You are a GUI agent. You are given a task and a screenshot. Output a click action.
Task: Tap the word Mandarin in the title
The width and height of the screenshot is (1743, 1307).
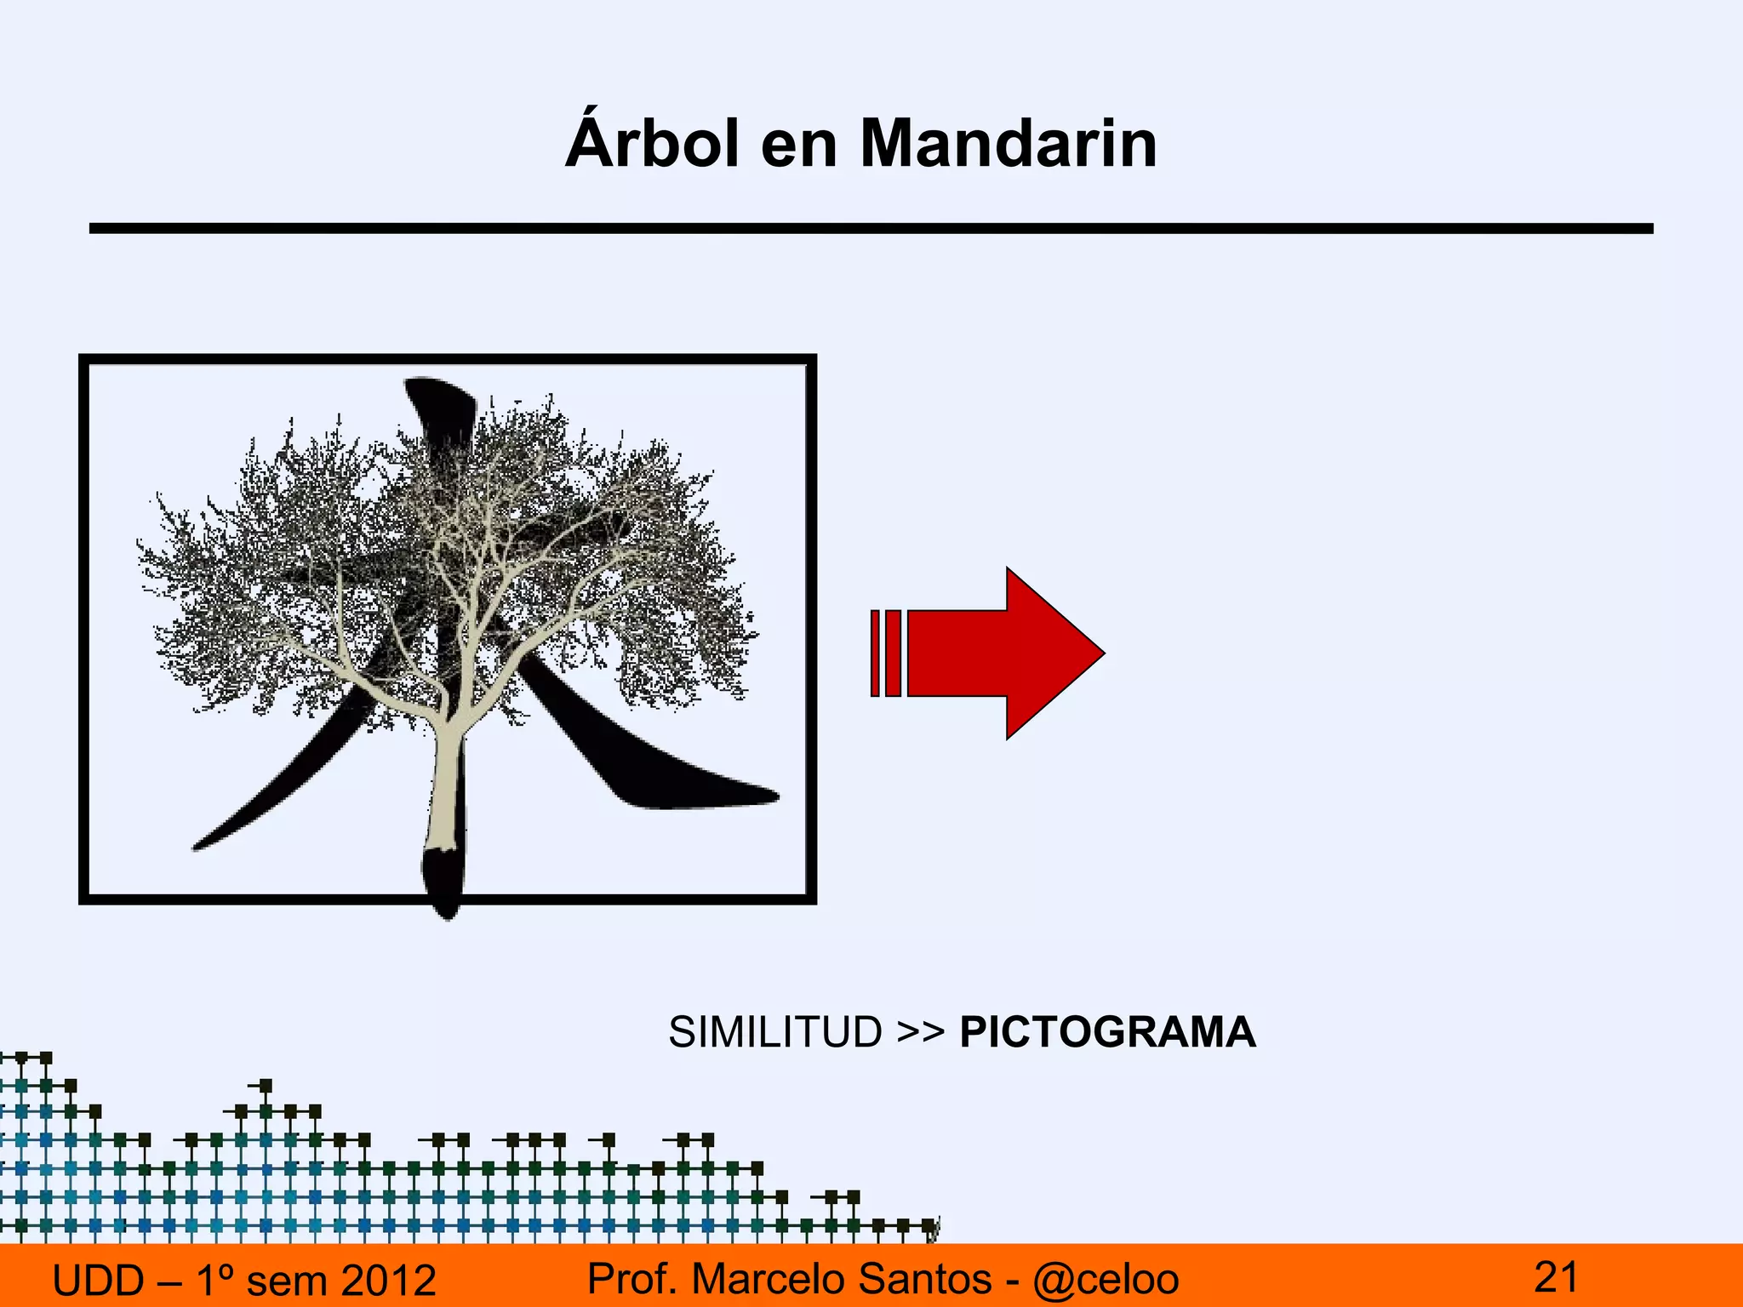[1009, 145]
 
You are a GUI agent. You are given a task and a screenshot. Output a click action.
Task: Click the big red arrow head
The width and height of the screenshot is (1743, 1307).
[1051, 653]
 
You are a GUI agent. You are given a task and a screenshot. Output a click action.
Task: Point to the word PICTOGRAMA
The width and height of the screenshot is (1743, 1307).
[1107, 1032]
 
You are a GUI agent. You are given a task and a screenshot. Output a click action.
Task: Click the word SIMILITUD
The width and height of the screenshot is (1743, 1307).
[775, 1032]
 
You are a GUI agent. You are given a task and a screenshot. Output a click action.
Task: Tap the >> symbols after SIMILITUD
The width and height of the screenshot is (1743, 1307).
[921, 1032]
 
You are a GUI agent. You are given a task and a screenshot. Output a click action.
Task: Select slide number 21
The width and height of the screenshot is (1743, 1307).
[1556, 1276]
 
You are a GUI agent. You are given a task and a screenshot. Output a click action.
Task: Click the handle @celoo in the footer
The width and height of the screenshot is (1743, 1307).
[1106, 1279]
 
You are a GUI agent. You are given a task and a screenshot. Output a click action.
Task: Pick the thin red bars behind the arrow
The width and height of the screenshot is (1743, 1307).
[885, 653]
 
